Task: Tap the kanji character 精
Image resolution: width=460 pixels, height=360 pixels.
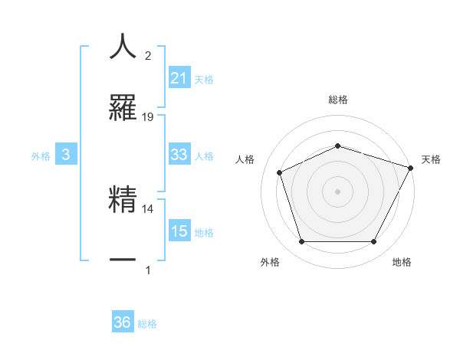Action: pyautogui.click(x=123, y=198)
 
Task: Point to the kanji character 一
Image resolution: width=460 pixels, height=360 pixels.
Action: pyautogui.click(x=123, y=260)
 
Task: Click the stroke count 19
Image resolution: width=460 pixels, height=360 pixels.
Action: pyautogui.click(x=148, y=117)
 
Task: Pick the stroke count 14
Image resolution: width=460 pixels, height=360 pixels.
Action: pyautogui.click(x=148, y=208)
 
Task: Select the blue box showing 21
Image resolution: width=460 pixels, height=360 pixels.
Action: pyautogui.click(x=179, y=78)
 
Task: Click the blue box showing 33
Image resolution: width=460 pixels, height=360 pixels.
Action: pyautogui.click(x=179, y=155)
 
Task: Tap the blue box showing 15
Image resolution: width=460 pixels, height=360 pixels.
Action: pyautogui.click(x=179, y=231)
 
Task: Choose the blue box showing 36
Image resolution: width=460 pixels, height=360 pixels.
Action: pyautogui.click(x=123, y=323)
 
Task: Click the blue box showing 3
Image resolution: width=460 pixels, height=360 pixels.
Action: pyautogui.click(x=66, y=155)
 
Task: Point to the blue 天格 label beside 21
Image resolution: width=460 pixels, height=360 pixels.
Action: pyautogui.click(x=204, y=79)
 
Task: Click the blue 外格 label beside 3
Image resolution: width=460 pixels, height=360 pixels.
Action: pyautogui.click(x=41, y=155)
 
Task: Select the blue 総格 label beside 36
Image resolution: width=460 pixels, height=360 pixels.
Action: pyautogui.click(x=147, y=324)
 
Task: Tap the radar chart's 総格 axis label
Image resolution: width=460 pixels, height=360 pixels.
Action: pyautogui.click(x=337, y=100)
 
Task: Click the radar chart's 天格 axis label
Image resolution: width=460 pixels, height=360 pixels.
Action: pyautogui.click(x=431, y=159)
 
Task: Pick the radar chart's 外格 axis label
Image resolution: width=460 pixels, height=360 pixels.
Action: pyautogui.click(x=270, y=262)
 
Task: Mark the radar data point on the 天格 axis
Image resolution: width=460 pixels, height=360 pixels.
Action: pyautogui.click(x=412, y=167)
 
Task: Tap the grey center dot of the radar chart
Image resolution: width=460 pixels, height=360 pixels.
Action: pyautogui.click(x=337, y=191)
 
